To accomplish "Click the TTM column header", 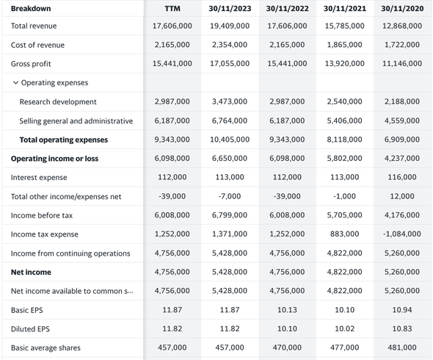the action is [x=172, y=9].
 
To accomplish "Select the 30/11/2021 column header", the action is [x=345, y=9].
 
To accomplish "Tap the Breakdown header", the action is [x=31, y=9].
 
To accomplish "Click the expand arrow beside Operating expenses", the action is [x=15, y=83].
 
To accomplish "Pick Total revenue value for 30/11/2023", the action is [x=230, y=26].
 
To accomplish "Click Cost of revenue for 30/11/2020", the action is [x=402, y=45].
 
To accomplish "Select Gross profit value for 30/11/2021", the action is [x=345, y=64].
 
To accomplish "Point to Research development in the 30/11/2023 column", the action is [x=230, y=101].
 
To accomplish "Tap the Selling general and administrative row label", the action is [x=76, y=120].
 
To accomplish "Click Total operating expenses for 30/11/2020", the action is [x=402, y=140].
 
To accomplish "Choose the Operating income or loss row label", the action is [x=55, y=159].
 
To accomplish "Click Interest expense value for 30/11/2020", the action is [x=402, y=177].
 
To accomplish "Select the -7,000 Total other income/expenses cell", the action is [x=230, y=196].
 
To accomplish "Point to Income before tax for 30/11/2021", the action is [x=345, y=215].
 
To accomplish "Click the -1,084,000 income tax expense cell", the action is [x=402, y=234].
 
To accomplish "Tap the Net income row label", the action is [x=31, y=272].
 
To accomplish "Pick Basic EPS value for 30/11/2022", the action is [x=287, y=310].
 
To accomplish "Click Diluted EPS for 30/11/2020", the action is [x=402, y=328].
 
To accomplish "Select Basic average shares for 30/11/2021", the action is [x=345, y=348].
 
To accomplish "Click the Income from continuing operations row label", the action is [x=70, y=253].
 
